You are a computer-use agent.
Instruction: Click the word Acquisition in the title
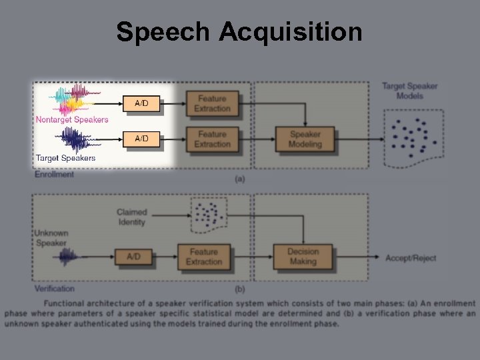click(290, 31)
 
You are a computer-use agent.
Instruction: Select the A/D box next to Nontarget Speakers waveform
click(141, 103)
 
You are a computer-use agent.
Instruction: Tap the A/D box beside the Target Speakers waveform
click(141, 139)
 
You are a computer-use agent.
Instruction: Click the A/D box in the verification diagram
click(134, 257)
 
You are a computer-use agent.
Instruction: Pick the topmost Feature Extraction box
click(212, 103)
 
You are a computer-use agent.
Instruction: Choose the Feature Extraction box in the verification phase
click(203, 257)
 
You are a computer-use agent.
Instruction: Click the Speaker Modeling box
click(305, 139)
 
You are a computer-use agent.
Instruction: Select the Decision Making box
click(303, 257)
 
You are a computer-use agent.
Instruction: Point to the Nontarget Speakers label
click(71, 120)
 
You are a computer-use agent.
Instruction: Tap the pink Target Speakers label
click(65, 158)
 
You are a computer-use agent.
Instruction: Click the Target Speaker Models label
click(409, 91)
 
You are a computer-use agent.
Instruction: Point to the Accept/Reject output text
click(410, 258)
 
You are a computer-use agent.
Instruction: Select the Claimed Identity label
click(131, 217)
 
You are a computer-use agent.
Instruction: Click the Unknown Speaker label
click(51, 238)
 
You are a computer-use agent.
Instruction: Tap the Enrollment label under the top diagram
click(54, 175)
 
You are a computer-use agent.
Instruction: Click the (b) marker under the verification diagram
click(239, 289)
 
